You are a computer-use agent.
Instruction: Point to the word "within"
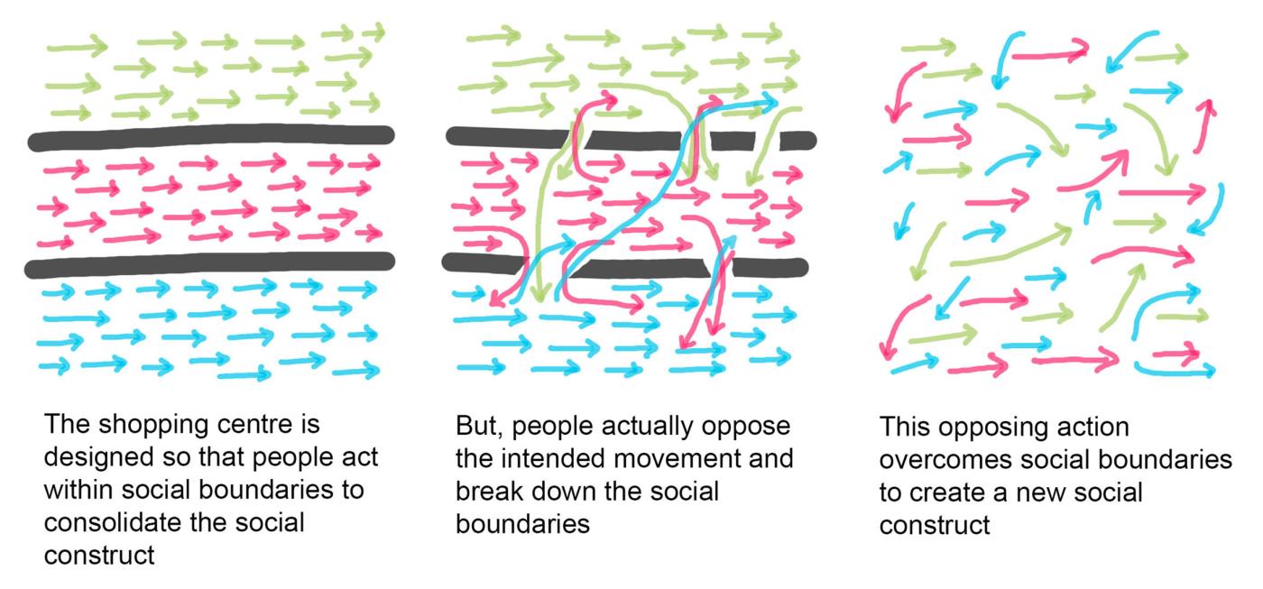click(x=78, y=490)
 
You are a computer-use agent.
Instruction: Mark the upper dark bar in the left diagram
click(x=211, y=137)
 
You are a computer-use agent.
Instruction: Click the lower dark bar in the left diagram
click(x=209, y=262)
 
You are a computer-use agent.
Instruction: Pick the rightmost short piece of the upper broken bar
click(x=797, y=141)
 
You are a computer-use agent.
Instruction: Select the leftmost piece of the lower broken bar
click(x=484, y=262)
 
